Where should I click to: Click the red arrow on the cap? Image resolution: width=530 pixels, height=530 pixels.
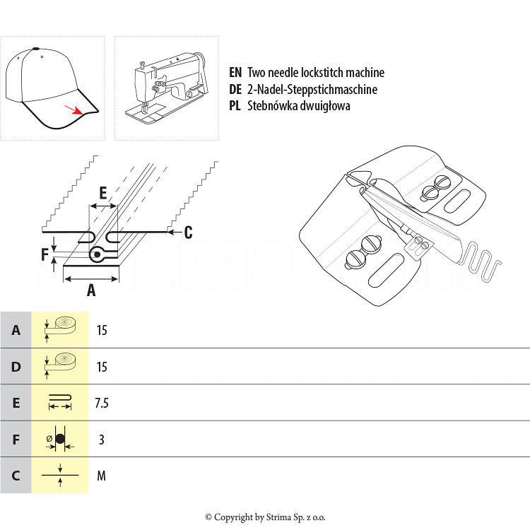pyautogui.click(x=73, y=109)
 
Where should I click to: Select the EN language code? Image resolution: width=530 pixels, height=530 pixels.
pyautogui.click(x=235, y=73)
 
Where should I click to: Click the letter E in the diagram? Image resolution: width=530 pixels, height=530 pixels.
pyautogui.click(x=103, y=193)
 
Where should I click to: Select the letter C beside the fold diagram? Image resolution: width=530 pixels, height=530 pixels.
pyautogui.click(x=188, y=232)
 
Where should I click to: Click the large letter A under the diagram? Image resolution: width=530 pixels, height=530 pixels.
pyautogui.click(x=90, y=289)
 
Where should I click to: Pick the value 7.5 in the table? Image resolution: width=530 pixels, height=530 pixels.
pyautogui.click(x=102, y=403)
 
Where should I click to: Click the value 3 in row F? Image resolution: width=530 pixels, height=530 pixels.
pyautogui.click(x=102, y=440)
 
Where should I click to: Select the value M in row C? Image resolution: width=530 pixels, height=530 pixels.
pyautogui.click(x=102, y=476)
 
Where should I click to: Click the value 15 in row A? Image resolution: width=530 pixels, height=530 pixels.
pyautogui.click(x=102, y=330)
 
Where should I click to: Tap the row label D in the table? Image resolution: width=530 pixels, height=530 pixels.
pyautogui.click(x=16, y=367)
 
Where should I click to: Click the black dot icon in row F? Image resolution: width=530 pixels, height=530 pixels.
pyautogui.click(x=60, y=439)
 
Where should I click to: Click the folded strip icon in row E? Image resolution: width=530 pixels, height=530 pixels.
pyautogui.click(x=60, y=403)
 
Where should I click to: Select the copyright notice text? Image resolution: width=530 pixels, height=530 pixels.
pyautogui.click(x=265, y=517)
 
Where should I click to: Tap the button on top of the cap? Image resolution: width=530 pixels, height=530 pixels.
pyautogui.click(x=35, y=48)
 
